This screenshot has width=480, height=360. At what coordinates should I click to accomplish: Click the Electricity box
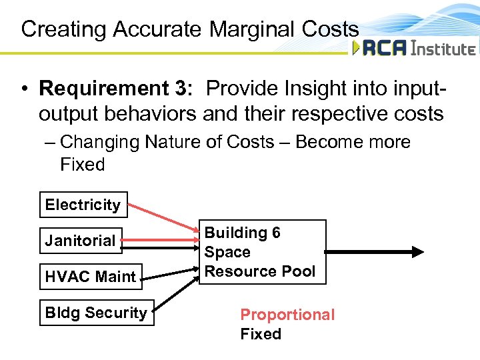tap(83, 205)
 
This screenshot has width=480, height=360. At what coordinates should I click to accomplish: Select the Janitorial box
tap(81, 241)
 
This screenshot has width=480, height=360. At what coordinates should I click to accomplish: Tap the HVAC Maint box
tap(90, 276)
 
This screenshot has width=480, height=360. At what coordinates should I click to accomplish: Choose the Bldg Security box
tap(96, 313)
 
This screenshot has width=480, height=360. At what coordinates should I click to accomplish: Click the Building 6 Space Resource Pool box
tap(263, 252)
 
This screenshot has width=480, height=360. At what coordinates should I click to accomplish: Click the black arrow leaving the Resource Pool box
tap(373, 252)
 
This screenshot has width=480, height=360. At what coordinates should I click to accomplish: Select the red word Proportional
tap(287, 315)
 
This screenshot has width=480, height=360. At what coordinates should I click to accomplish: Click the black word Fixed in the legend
tap(261, 334)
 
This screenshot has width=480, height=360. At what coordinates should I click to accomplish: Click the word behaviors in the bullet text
tap(145, 114)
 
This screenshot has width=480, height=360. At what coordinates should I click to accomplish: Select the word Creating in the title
tap(64, 29)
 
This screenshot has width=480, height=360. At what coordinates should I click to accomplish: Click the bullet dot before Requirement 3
tap(23, 89)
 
